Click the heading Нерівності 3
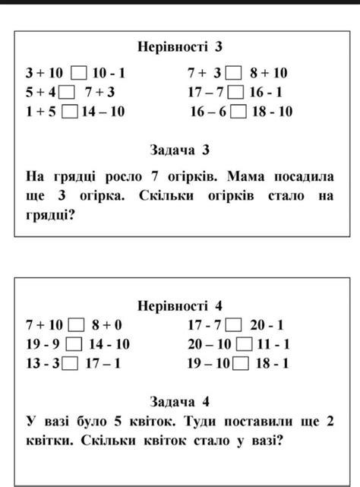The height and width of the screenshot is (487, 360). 180,47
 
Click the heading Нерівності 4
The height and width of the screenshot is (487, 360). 180,306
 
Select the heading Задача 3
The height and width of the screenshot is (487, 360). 180,149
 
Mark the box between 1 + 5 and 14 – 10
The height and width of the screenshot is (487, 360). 71,112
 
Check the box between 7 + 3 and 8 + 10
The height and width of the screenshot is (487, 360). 235,74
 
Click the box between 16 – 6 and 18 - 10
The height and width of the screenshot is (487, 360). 238,112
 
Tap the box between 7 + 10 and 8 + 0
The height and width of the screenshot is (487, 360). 77,326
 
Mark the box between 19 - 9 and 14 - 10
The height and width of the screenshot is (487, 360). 77,344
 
